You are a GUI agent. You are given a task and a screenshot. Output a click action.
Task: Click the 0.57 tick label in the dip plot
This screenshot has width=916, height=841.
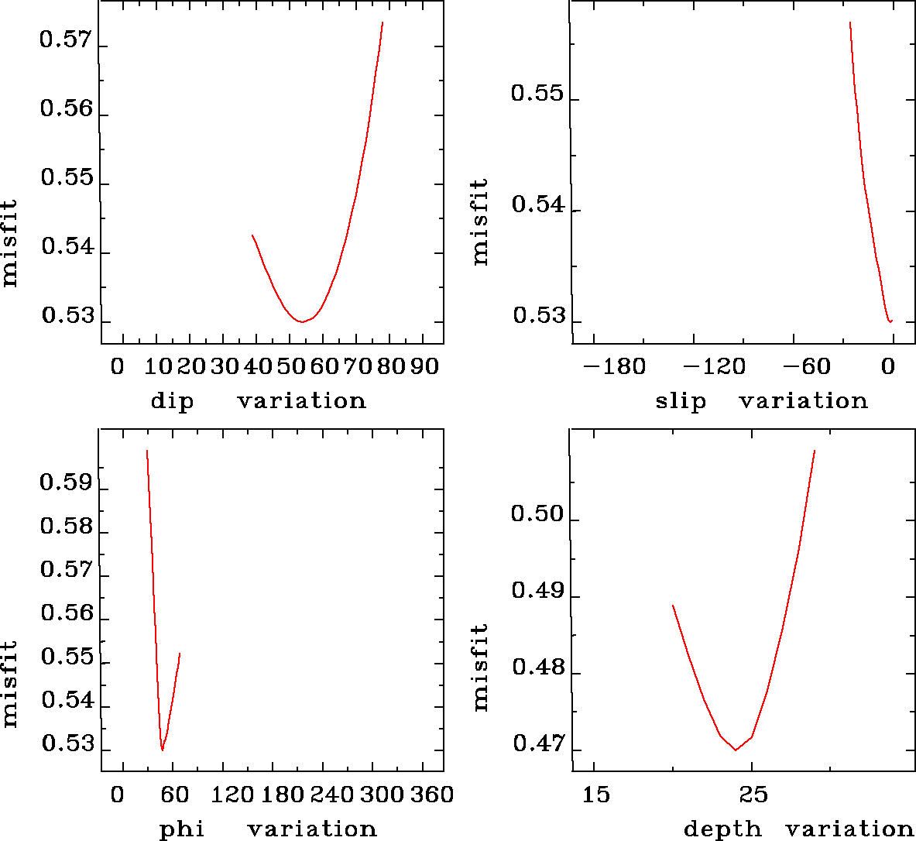click(x=66, y=39)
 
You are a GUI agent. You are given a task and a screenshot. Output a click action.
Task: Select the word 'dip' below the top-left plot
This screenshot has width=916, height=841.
click(x=172, y=401)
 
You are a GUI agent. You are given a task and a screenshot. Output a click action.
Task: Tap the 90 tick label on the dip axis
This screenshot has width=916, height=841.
click(x=424, y=366)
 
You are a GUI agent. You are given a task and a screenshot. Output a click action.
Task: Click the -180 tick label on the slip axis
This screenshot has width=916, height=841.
click(x=613, y=366)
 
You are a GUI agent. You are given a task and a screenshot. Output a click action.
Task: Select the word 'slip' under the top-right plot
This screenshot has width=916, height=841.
click(x=681, y=401)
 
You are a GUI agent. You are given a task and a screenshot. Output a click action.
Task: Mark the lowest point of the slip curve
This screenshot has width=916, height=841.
click(x=890, y=321)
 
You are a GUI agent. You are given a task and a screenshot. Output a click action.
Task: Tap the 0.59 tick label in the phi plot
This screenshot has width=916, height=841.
click(x=66, y=483)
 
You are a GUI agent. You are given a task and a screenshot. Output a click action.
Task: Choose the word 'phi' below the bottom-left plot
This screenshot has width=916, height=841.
click(x=182, y=829)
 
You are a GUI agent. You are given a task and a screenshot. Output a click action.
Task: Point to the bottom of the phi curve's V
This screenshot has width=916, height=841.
click(x=163, y=750)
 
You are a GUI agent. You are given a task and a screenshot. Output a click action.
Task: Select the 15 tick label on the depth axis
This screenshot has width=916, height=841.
click(x=596, y=795)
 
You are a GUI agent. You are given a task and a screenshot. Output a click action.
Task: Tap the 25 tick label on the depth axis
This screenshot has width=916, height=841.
click(x=753, y=795)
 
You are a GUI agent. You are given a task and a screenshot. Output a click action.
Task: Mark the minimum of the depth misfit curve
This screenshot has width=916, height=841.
click(x=735, y=750)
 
